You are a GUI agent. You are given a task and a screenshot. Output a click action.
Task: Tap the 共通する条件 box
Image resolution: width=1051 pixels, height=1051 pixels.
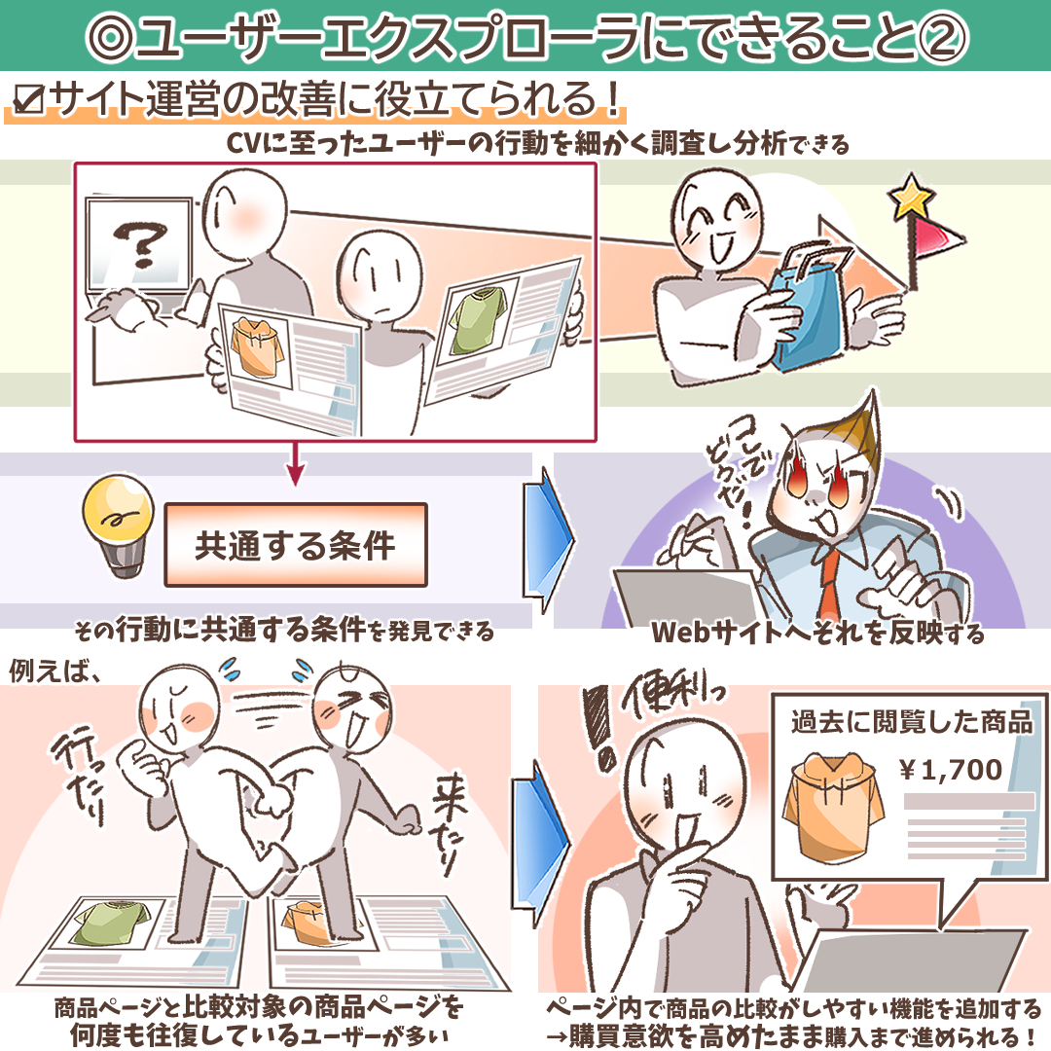(296, 545)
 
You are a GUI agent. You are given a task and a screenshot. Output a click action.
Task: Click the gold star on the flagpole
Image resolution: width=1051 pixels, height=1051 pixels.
(911, 196)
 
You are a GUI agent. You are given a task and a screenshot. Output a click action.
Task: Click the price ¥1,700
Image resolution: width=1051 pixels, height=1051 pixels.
(951, 770)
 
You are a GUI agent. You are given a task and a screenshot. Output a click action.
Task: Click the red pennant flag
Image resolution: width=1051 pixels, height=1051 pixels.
(939, 235)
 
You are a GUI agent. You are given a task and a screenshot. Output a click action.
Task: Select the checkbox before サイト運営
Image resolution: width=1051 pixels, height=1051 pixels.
(28, 100)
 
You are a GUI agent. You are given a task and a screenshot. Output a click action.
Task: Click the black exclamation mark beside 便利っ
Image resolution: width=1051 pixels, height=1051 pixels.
(598, 727)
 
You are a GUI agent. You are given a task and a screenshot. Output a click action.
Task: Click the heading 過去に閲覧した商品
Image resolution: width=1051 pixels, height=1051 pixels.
(912, 722)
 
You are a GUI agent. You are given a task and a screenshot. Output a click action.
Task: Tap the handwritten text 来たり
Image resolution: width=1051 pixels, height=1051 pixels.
(447, 824)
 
